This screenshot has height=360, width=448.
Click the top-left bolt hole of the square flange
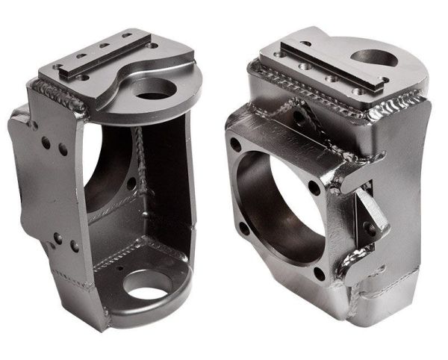click(x=235, y=146)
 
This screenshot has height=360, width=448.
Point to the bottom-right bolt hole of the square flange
click(x=319, y=274)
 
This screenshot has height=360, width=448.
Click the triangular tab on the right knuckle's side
click(x=370, y=213)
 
